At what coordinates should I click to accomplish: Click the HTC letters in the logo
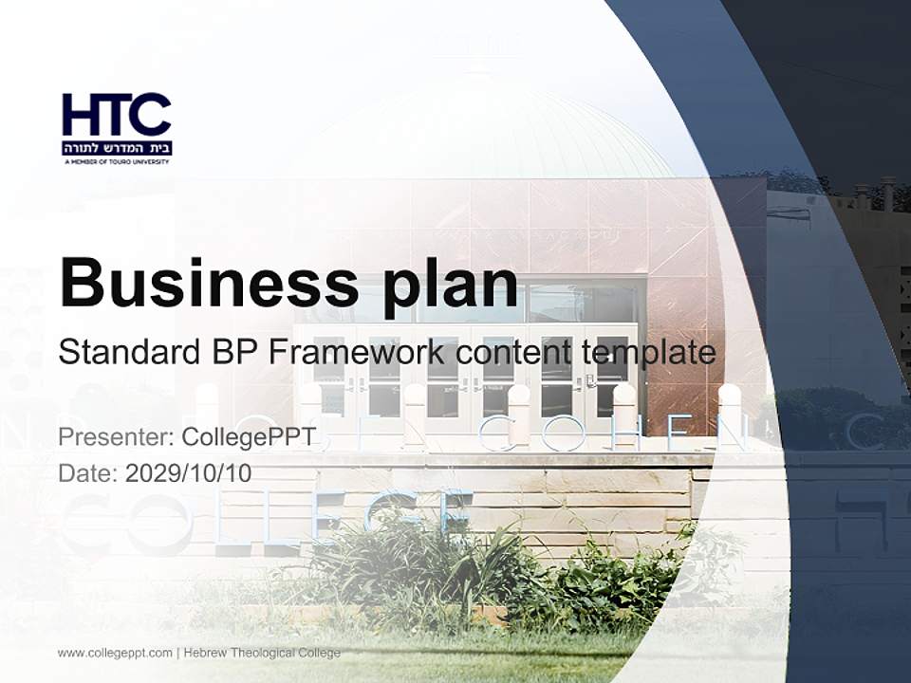(x=117, y=115)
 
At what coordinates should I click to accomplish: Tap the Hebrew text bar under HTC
(x=117, y=148)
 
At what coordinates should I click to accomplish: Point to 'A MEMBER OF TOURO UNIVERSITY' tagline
(x=117, y=162)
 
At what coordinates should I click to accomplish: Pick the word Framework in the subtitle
(x=357, y=352)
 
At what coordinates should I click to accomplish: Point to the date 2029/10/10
(x=189, y=473)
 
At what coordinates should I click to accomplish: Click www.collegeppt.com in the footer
(x=115, y=653)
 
